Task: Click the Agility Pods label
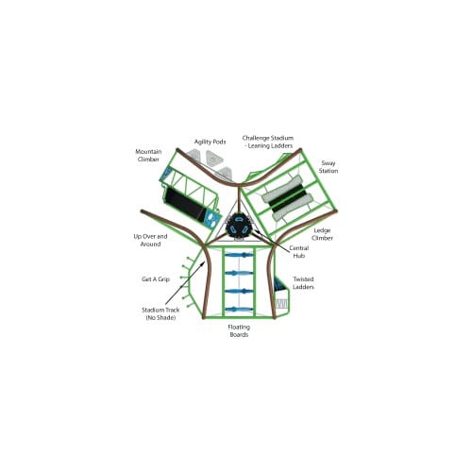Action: [210, 142]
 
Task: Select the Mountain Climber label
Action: [148, 156]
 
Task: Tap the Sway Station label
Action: [329, 167]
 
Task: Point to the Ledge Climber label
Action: [322, 234]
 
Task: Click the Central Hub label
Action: [298, 252]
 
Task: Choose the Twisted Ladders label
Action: [303, 283]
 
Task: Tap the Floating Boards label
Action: [239, 330]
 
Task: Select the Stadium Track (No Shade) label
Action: [160, 313]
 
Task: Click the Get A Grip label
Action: [156, 279]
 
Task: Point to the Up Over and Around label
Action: [150, 240]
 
